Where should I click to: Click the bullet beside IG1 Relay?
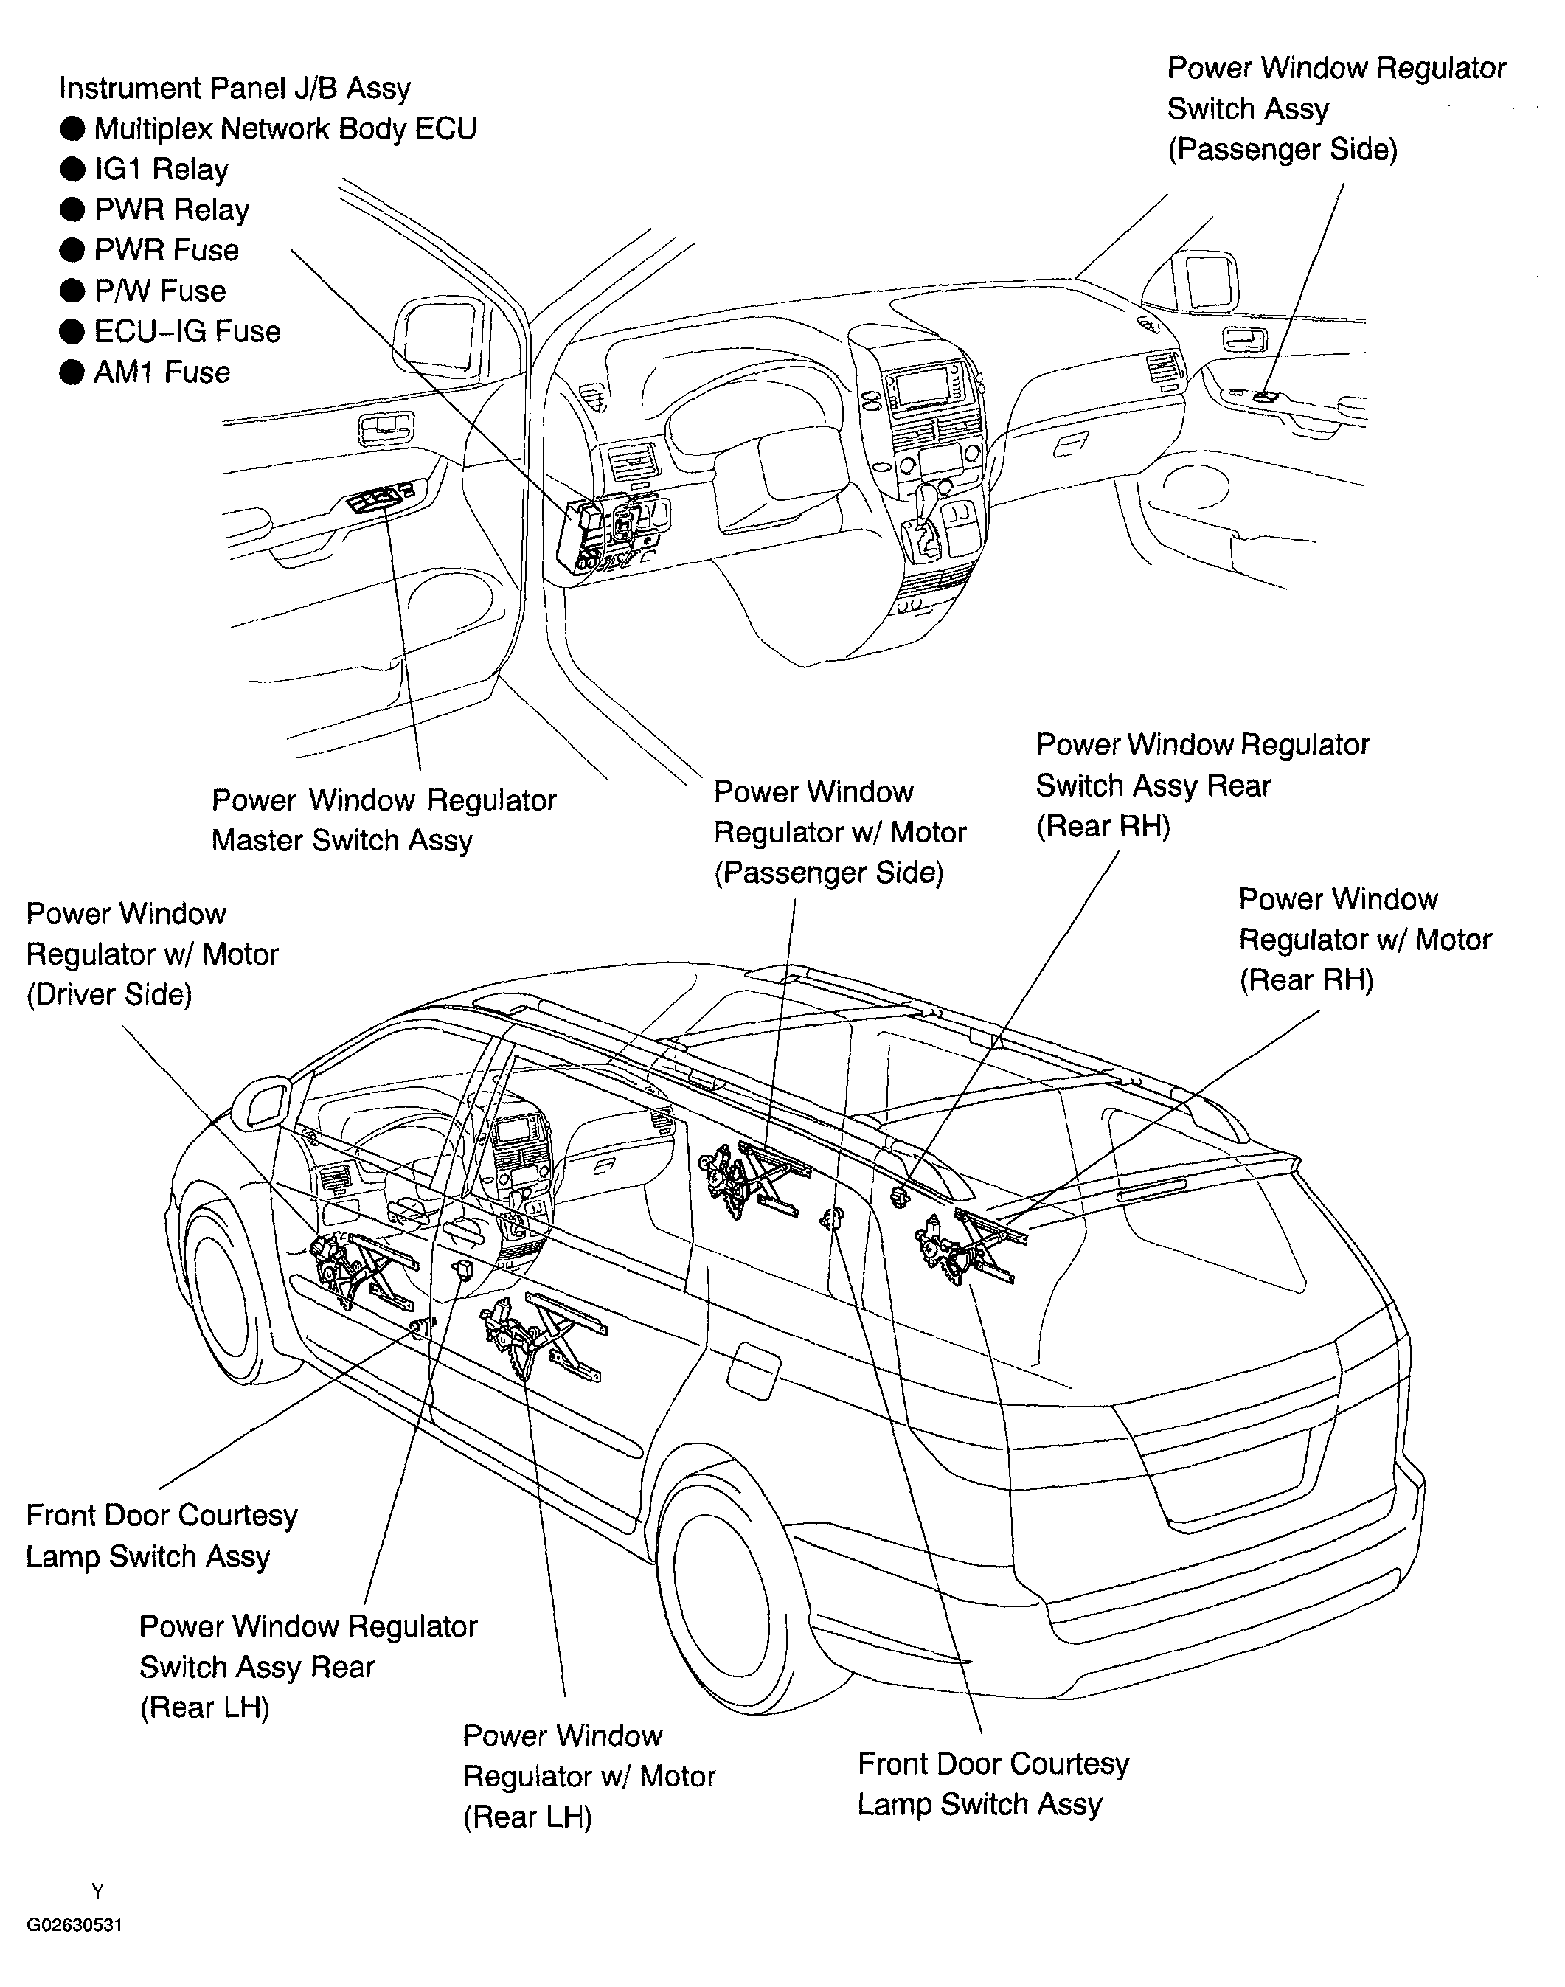point(72,170)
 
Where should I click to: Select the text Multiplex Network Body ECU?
point(285,129)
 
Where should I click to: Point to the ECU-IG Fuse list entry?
point(187,332)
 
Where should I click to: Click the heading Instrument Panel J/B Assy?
point(235,89)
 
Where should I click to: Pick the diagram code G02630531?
point(74,1925)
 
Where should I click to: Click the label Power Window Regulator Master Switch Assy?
point(383,821)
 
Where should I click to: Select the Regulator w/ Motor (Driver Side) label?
point(151,954)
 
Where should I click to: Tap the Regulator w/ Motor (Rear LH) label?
point(589,1776)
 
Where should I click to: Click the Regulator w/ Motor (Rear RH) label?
point(1364,940)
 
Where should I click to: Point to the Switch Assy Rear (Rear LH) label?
point(308,1668)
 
